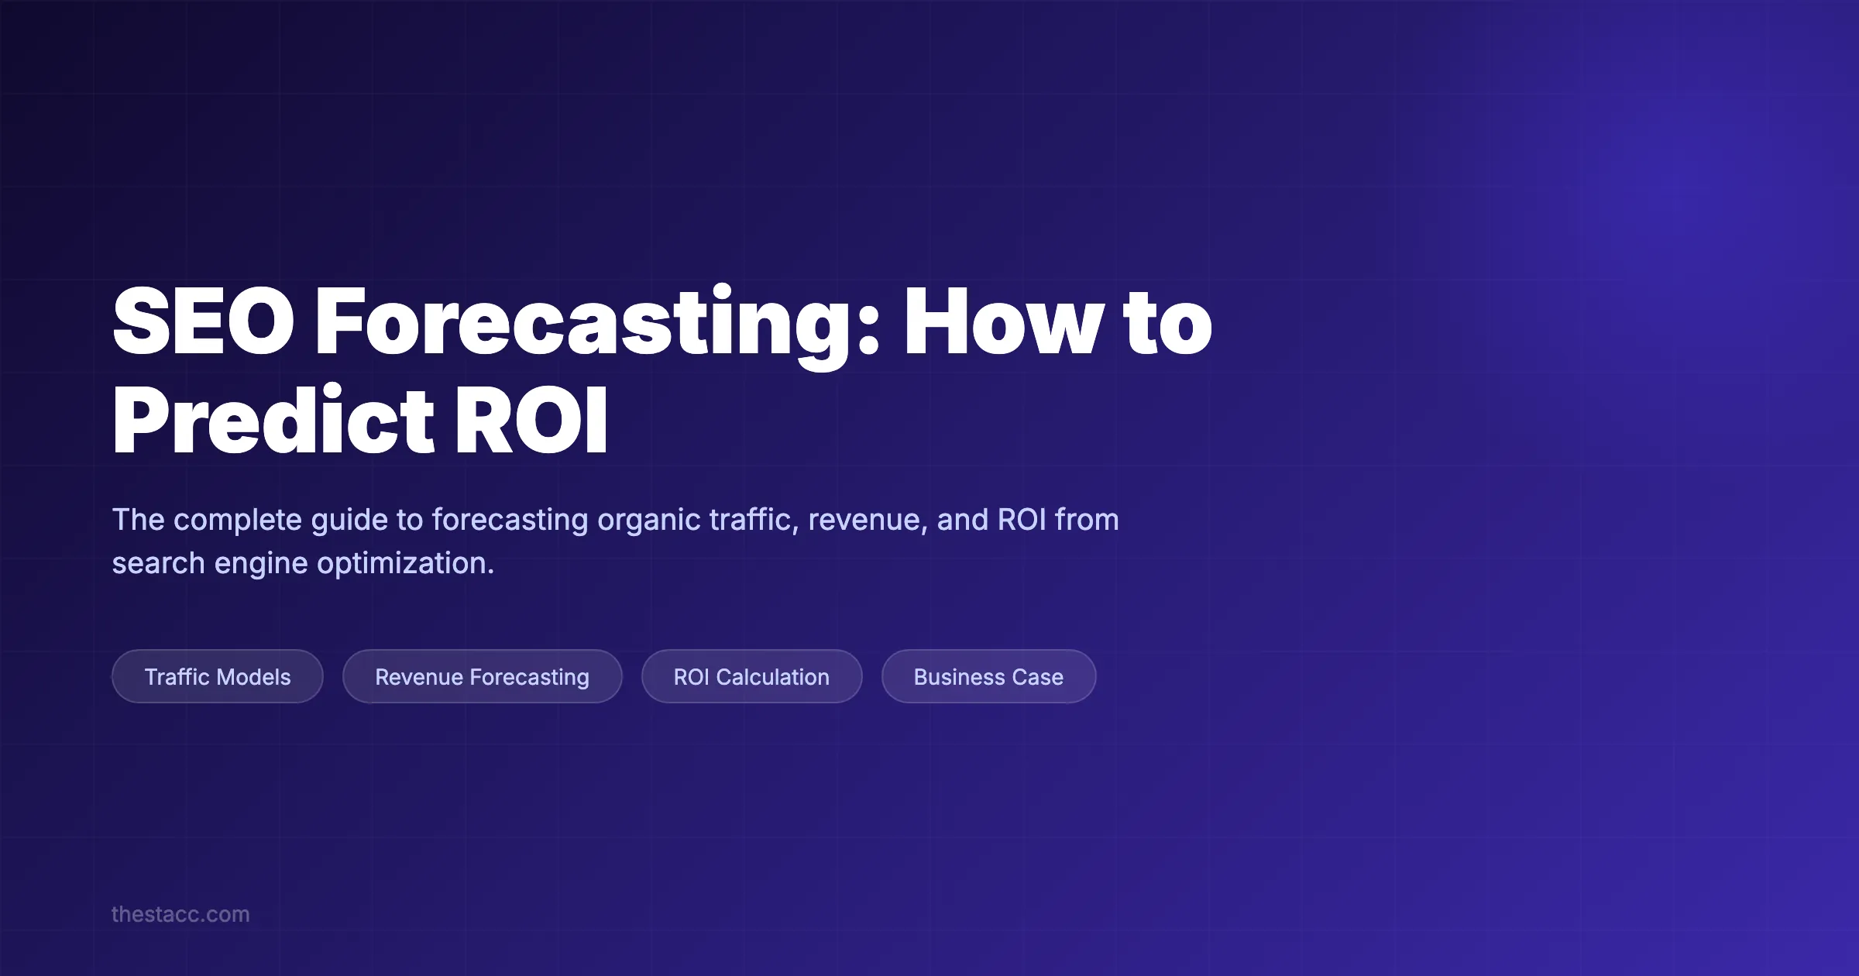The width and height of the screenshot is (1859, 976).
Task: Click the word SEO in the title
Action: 203,321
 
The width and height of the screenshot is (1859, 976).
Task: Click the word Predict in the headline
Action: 273,421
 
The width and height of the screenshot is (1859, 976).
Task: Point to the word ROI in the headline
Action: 531,421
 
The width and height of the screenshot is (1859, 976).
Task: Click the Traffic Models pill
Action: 218,677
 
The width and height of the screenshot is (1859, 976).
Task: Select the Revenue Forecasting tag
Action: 482,677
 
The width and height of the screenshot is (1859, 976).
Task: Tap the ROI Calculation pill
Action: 751,677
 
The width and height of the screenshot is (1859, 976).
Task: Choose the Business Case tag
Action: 988,677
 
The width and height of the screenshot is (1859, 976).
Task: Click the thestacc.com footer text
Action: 180,914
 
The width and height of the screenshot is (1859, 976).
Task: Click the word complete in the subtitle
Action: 237,520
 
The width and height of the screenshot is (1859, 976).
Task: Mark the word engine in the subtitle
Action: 261,564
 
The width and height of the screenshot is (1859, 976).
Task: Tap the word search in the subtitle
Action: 158,563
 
